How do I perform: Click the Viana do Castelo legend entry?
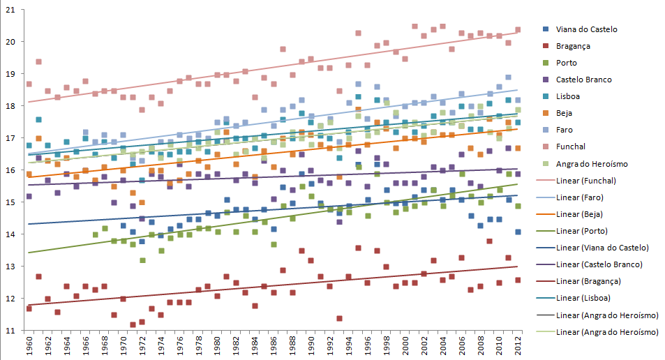coord(586,29)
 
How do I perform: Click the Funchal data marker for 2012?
coord(518,30)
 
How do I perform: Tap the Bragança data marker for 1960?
coord(29,308)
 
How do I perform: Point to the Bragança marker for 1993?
coord(339,318)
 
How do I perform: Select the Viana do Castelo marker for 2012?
coord(518,232)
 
